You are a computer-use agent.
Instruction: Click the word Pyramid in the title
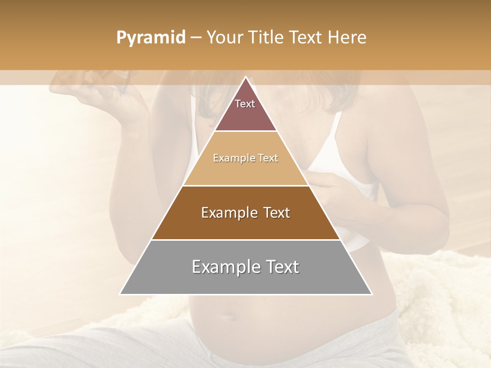[151, 38]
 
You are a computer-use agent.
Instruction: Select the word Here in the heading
[348, 38]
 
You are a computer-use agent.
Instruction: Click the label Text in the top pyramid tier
[245, 104]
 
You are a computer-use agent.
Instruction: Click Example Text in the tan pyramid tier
[245, 158]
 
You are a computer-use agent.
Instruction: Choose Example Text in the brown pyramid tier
[245, 213]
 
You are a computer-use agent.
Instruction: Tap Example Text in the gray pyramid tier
[245, 267]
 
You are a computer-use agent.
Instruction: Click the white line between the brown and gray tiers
[245, 240]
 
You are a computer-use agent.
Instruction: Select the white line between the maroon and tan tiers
[245, 131]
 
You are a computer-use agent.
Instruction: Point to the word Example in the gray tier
[224, 267]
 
